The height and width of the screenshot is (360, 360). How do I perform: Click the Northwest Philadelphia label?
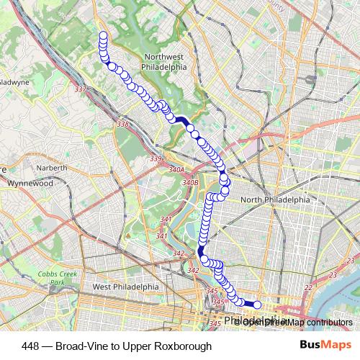coord(165,62)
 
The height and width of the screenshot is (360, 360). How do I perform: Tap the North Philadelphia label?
coord(275,200)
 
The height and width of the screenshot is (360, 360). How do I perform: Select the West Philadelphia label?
coord(125,286)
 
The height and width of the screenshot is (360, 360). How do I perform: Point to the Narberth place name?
coord(52,168)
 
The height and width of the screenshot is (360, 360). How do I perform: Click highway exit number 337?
coord(80,89)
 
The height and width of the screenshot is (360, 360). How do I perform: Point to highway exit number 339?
coord(156,158)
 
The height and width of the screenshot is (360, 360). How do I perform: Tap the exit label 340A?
coord(177,170)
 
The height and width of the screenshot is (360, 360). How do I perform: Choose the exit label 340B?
coord(190,183)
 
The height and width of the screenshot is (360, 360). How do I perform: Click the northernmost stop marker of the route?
coord(102,35)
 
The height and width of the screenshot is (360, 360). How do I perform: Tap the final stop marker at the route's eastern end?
coord(257,306)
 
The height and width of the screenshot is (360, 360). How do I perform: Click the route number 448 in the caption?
coord(31,346)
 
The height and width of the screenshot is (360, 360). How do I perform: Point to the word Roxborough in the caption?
coord(184,346)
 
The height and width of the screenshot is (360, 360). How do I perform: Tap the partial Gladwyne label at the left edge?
coord(13,82)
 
